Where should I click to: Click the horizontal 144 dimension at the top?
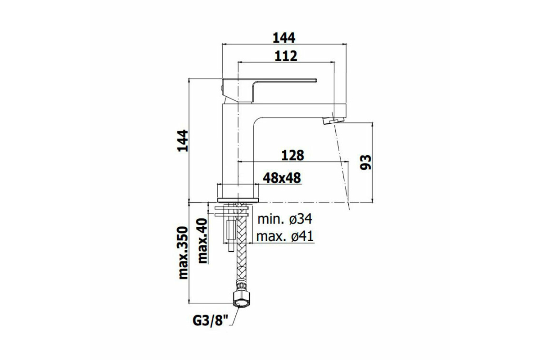click(284, 38)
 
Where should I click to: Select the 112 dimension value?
click(286, 56)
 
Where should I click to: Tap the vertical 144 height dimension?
click(183, 141)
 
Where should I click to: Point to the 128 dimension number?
click(292, 156)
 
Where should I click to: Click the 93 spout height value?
click(365, 162)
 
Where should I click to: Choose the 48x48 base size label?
click(282, 178)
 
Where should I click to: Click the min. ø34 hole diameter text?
click(285, 219)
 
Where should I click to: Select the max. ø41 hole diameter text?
click(285, 236)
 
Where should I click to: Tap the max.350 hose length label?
click(183, 253)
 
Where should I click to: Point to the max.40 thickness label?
click(202, 241)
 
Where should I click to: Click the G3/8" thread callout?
click(211, 321)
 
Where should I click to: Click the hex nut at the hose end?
click(241, 299)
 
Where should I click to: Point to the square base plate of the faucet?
click(238, 200)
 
